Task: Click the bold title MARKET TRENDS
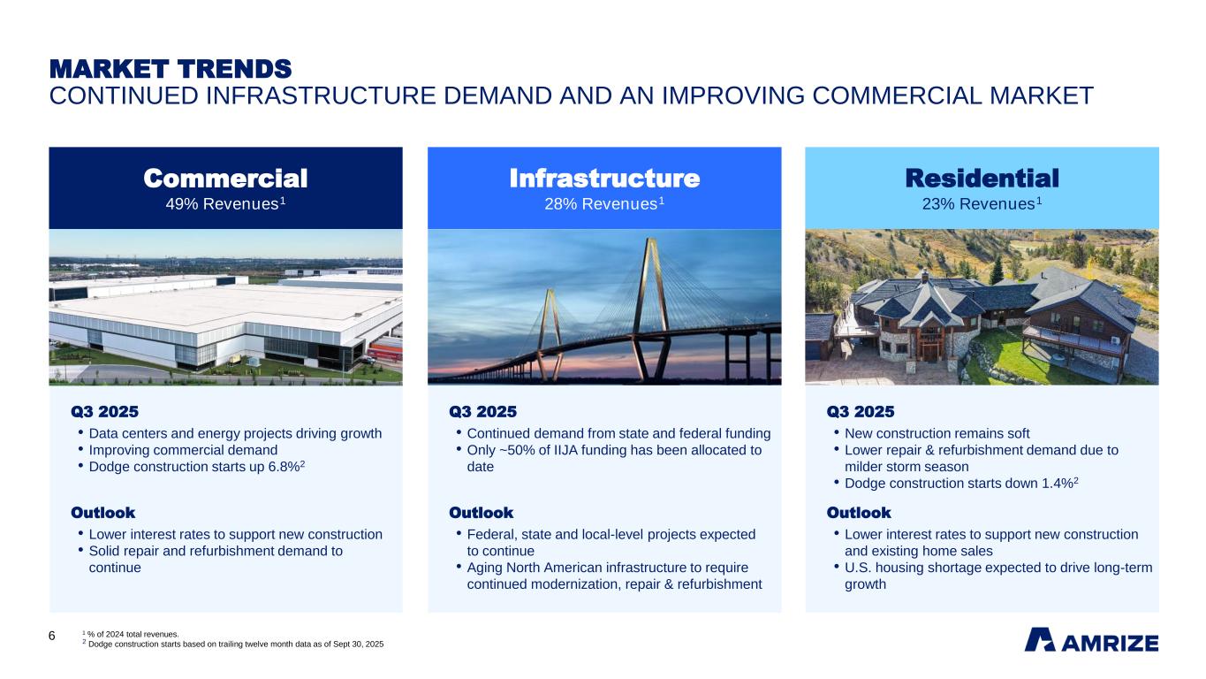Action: [x=170, y=68]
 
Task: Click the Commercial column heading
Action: [x=225, y=179]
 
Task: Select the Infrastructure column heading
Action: [x=604, y=179]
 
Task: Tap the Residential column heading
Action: [x=982, y=179]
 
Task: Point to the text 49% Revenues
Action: [x=222, y=204]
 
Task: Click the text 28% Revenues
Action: [x=601, y=204]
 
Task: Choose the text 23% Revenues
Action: [x=978, y=204]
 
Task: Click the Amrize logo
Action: [x=1090, y=640]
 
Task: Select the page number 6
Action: [x=52, y=637]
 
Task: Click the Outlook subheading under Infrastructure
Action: [x=481, y=513]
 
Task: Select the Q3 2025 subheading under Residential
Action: [x=860, y=411]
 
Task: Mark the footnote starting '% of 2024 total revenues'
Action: [x=133, y=633]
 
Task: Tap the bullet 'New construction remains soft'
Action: [x=937, y=433]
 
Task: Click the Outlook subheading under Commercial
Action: [x=102, y=513]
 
